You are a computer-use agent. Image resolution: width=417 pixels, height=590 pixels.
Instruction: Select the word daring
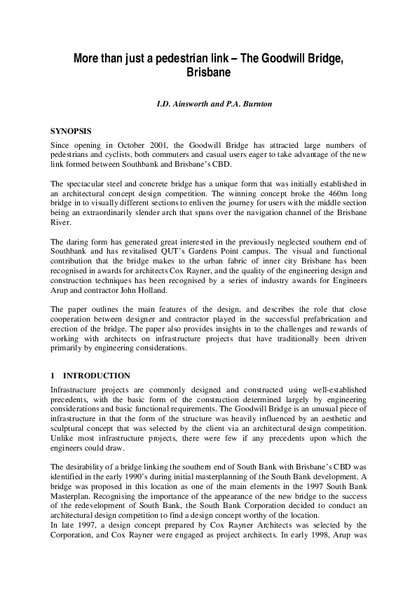click(78, 242)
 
